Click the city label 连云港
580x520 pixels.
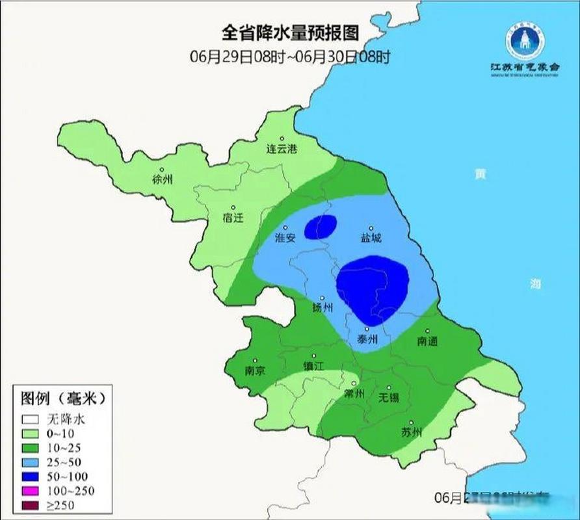[x=282, y=149]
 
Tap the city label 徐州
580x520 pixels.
[x=162, y=179]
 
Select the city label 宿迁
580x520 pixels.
[x=232, y=218]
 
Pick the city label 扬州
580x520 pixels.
[x=323, y=307]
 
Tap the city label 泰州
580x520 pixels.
[x=367, y=339]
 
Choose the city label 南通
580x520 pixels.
[x=427, y=341]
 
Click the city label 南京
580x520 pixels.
[x=255, y=370]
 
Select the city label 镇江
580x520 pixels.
[x=313, y=366]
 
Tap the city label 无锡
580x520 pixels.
[x=389, y=396]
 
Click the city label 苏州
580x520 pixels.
[x=412, y=432]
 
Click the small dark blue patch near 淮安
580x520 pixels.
[x=321, y=226]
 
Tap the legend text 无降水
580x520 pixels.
[x=65, y=419]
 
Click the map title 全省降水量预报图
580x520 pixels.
[x=290, y=32]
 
